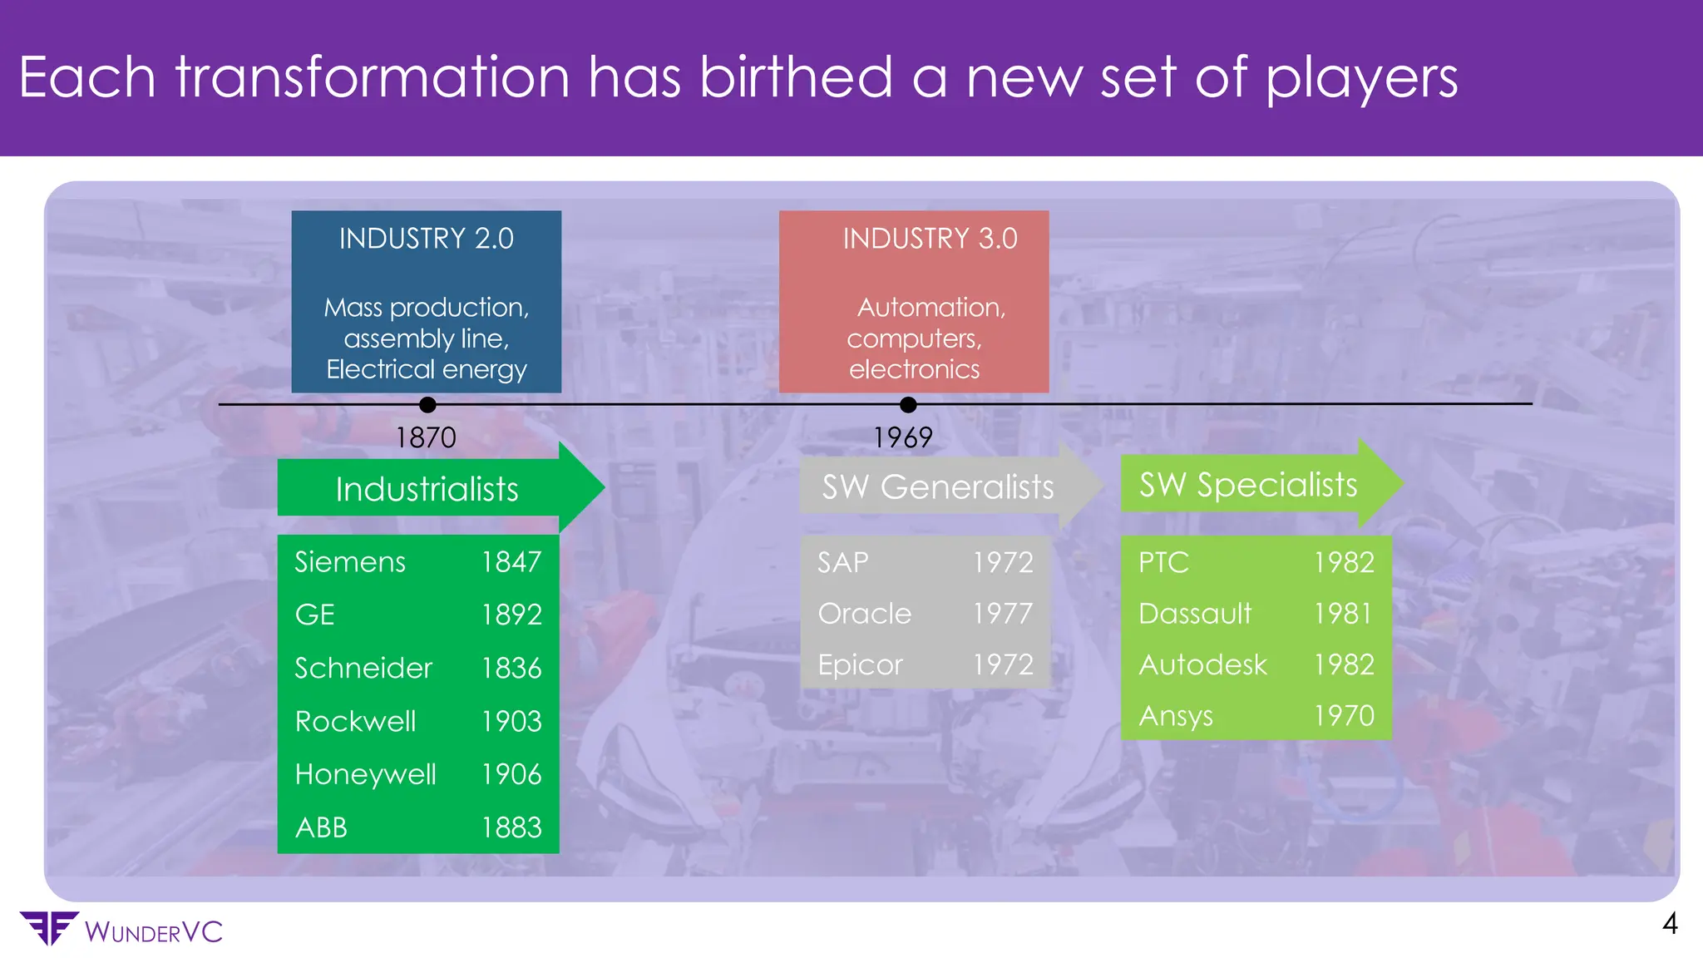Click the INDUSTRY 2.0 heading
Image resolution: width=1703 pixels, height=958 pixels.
[x=426, y=239]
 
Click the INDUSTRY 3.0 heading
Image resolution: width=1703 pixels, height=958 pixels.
[x=930, y=239]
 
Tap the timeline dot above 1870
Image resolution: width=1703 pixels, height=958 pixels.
[x=427, y=405]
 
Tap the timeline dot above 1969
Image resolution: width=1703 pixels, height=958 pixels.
[x=908, y=405]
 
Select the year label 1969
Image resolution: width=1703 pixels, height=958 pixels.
[x=902, y=437]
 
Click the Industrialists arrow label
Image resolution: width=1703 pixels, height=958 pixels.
[x=427, y=489]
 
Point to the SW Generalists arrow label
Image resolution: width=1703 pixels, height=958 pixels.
[x=937, y=486]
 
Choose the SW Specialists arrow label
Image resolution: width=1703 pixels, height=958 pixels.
[x=1247, y=484]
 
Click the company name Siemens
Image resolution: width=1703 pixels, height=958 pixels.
[x=350, y=562]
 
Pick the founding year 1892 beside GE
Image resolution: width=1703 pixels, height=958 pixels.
[x=511, y=615]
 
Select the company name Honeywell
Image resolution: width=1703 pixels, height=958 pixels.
[x=365, y=774]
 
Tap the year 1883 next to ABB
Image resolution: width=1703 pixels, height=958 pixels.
[x=511, y=827]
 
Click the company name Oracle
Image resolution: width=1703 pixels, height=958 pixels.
[x=865, y=614]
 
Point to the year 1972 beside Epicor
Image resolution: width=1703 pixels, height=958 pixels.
[x=1003, y=664]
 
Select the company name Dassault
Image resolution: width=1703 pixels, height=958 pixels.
[x=1195, y=614]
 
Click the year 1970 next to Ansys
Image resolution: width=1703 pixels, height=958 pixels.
[x=1344, y=715]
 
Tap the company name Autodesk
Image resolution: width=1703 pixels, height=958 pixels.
[x=1202, y=664]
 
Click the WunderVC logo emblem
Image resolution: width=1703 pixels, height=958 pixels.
[x=48, y=928]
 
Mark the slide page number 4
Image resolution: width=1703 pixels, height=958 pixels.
[x=1670, y=924]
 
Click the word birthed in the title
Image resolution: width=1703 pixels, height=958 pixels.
[x=796, y=77]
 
